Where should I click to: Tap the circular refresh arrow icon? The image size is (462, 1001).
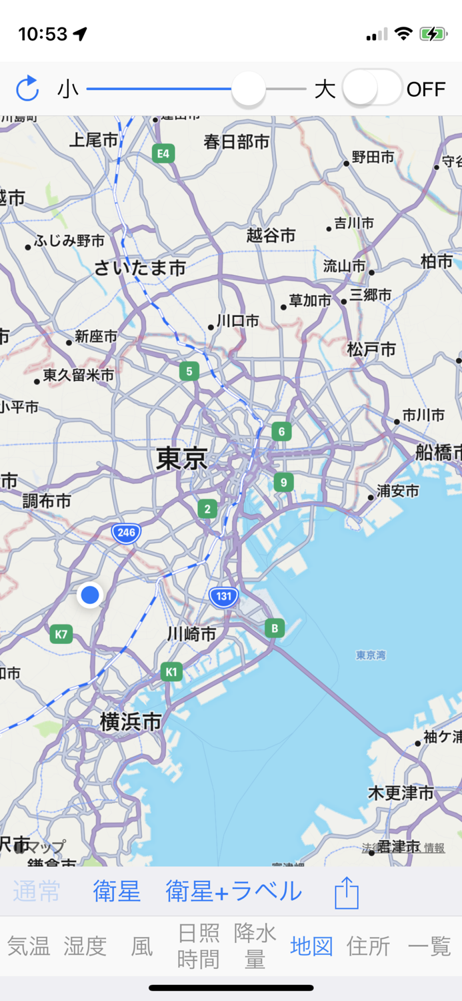(x=27, y=88)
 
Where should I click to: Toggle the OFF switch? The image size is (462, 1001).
(x=372, y=88)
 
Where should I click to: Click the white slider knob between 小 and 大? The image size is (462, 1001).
(x=249, y=88)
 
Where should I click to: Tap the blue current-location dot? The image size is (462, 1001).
(x=89, y=595)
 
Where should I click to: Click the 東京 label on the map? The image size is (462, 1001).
(x=181, y=459)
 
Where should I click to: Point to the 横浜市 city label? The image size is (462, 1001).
(x=131, y=721)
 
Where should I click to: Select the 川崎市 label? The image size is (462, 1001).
(x=191, y=634)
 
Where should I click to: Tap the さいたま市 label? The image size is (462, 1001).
(x=139, y=268)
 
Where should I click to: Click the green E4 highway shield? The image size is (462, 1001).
(x=163, y=154)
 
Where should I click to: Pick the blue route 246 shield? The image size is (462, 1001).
(x=126, y=533)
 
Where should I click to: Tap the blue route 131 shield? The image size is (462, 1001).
(x=223, y=597)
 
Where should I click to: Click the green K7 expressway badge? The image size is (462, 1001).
(x=61, y=634)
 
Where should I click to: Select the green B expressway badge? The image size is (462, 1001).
(x=274, y=628)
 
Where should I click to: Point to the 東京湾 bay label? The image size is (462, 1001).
(x=371, y=655)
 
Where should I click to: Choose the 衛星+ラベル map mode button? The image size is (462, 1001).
(x=233, y=891)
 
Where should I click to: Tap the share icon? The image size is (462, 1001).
(x=347, y=892)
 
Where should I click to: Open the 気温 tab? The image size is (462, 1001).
(x=29, y=946)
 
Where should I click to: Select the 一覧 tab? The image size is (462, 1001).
(x=429, y=946)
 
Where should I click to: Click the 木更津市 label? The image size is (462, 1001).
(x=401, y=793)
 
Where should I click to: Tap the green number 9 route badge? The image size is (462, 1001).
(x=283, y=482)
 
